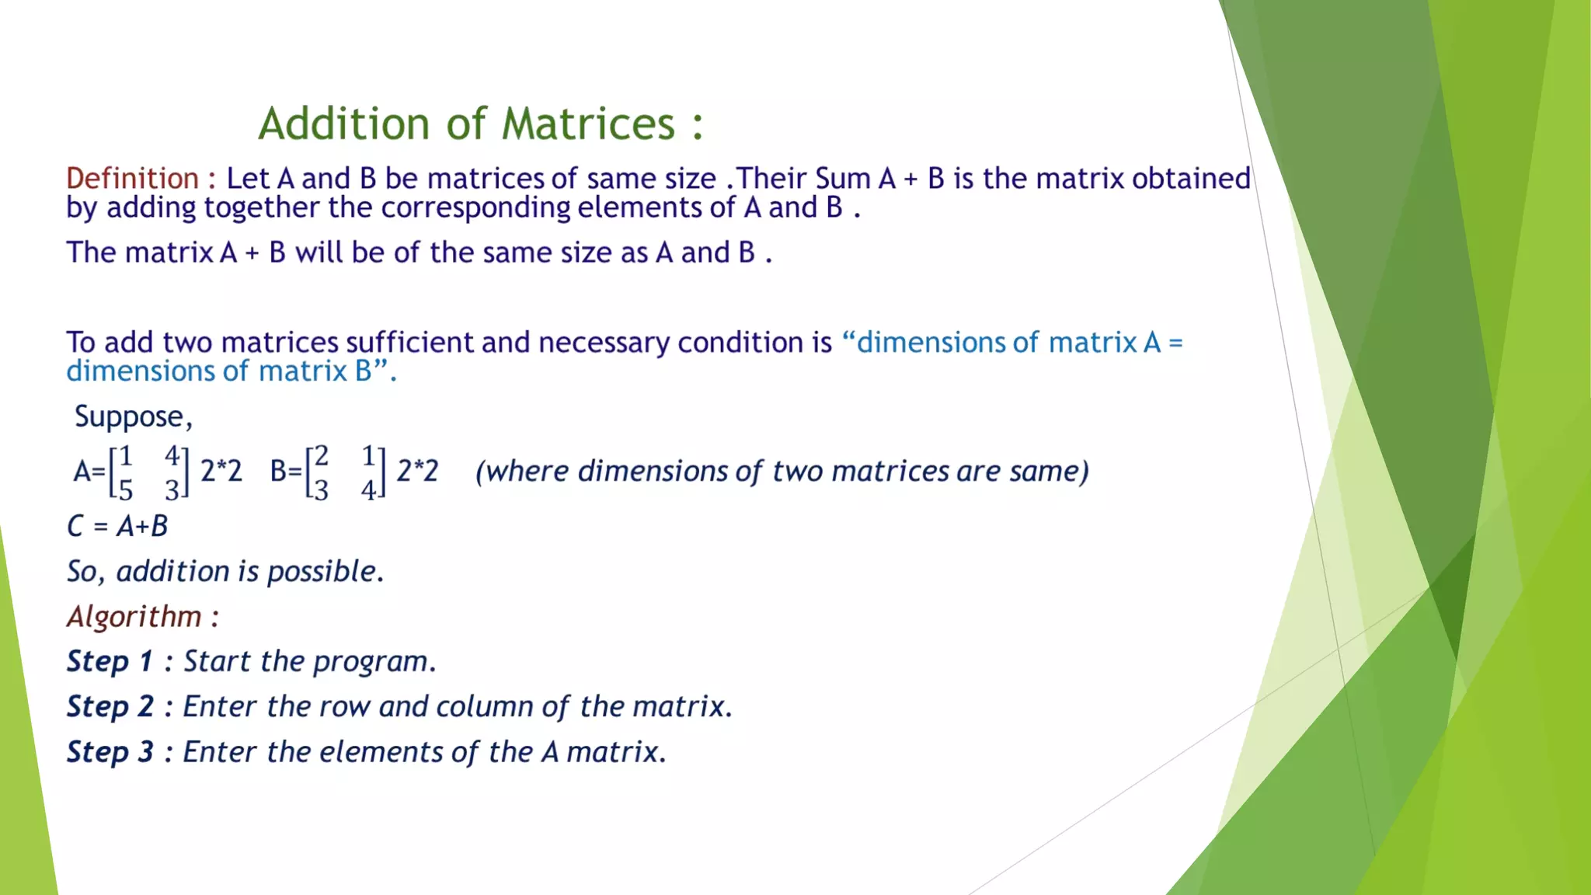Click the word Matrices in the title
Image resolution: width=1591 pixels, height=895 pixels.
588,124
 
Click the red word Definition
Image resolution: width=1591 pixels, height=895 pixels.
132,179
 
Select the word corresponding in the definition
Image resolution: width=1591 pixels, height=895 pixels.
476,207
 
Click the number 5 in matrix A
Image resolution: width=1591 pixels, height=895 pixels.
126,490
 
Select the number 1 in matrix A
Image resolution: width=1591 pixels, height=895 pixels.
126,455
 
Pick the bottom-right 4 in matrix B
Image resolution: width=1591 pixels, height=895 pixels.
368,490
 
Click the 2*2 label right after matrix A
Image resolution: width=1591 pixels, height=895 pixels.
221,471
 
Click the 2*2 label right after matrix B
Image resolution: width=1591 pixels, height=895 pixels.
417,471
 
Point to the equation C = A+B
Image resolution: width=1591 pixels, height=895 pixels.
117,527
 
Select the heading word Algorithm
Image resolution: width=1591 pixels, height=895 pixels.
134,617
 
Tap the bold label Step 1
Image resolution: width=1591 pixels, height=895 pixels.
110,661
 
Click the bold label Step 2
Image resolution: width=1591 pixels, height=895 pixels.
110,706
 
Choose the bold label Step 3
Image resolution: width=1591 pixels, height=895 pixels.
110,751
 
